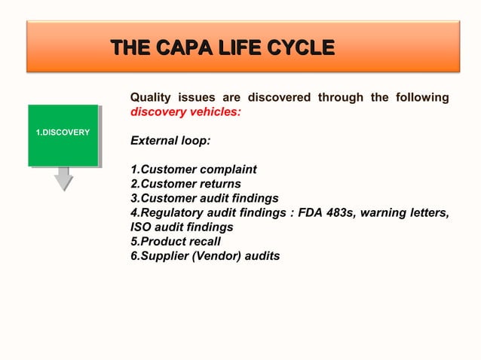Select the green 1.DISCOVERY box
(x=63, y=134)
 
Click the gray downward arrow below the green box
(x=63, y=179)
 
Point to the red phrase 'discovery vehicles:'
(x=185, y=112)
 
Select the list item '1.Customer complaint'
(x=194, y=169)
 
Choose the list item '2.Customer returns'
(x=185, y=184)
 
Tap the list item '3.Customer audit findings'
(x=204, y=198)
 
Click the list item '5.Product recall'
(x=176, y=242)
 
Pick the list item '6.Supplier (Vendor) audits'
(x=205, y=256)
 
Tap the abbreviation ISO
(x=142, y=227)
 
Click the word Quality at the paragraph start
(x=151, y=98)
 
